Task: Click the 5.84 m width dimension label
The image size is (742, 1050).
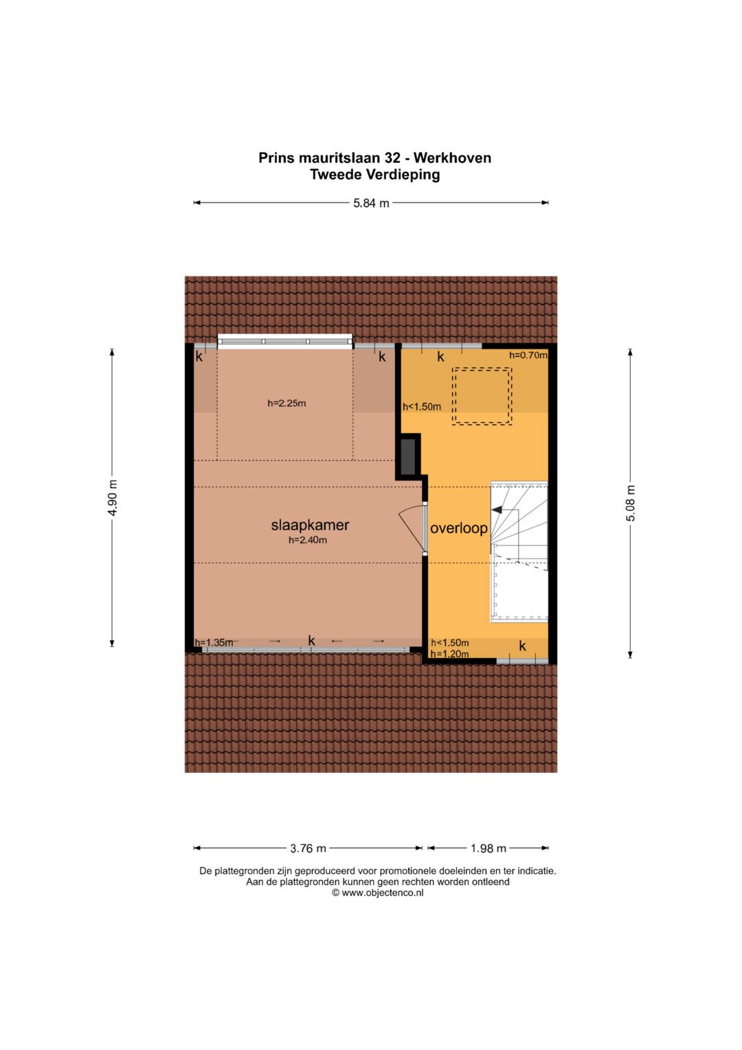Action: (x=371, y=204)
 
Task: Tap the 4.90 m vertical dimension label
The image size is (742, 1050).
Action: (x=113, y=498)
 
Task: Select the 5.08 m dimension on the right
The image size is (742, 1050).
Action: (x=631, y=503)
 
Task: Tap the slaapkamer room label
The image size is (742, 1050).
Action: (x=310, y=525)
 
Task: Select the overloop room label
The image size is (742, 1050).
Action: (x=459, y=528)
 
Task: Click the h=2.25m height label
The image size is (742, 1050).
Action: (x=286, y=403)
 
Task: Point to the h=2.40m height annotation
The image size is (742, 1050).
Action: (x=308, y=540)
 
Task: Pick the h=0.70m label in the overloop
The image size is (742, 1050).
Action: (x=528, y=356)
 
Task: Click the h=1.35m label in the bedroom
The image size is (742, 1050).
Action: (x=214, y=643)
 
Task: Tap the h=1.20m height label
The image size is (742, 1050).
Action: (x=450, y=654)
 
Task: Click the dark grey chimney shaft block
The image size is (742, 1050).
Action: (x=408, y=457)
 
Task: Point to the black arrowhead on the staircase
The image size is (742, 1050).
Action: (x=496, y=509)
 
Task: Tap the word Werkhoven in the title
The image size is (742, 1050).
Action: (x=452, y=158)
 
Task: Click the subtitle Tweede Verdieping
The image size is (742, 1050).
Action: (x=374, y=175)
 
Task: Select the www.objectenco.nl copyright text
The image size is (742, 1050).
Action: (x=378, y=893)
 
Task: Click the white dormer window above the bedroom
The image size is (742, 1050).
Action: (x=285, y=341)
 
